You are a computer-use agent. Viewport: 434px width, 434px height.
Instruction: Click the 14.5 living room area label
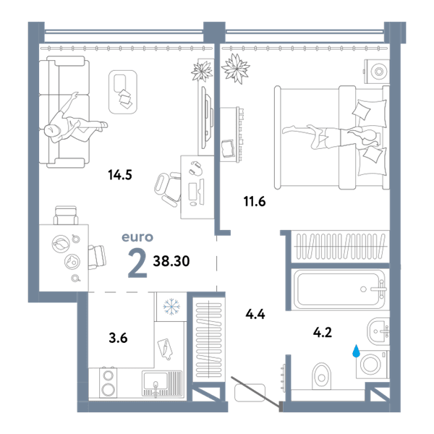point(120,175)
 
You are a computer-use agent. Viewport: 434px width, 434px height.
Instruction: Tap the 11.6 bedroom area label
point(255,202)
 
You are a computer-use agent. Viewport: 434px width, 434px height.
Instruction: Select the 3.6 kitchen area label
point(118,338)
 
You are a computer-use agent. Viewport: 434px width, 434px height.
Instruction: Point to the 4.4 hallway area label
point(255,315)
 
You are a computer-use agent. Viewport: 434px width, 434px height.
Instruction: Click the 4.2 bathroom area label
point(323,332)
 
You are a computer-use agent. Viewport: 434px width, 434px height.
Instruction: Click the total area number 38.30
point(171,261)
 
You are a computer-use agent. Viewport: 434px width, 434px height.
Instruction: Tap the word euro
point(137,237)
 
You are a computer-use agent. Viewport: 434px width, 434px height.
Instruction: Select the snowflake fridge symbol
point(171,307)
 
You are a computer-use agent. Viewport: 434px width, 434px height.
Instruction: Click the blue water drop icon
point(356,351)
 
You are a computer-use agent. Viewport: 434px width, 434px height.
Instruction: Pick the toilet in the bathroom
point(321,376)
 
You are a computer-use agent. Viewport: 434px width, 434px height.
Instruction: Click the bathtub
point(339,289)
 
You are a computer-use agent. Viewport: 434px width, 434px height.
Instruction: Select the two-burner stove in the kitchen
point(108,383)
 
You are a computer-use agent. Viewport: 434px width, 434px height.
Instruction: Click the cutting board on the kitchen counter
point(165,349)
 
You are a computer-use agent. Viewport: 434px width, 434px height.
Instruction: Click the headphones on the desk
point(196,168)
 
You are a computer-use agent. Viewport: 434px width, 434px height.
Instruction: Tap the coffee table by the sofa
point(123,92)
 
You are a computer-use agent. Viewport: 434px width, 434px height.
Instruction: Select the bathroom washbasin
point(378,331)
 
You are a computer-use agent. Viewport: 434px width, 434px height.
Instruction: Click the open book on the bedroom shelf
point(229,149)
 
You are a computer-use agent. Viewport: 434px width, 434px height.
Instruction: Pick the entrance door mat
point(250,393)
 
